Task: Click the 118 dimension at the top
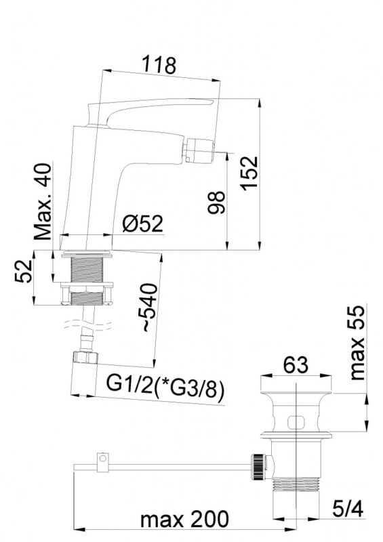[159, 64]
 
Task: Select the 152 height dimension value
[250, 173]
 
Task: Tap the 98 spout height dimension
[217, 202]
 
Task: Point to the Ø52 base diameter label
[142, 224]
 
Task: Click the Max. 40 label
[43, 201]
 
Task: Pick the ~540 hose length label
[150, 308]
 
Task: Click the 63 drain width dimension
[296, 365]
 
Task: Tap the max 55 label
[357, 343]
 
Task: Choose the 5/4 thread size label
[348, 509]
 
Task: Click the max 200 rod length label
[185, 519]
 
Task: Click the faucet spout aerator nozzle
[199, 150]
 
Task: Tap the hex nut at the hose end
[85, 358]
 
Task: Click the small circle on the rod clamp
[102, 459]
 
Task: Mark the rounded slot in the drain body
[296, 422]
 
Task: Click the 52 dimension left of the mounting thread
[24, 271]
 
